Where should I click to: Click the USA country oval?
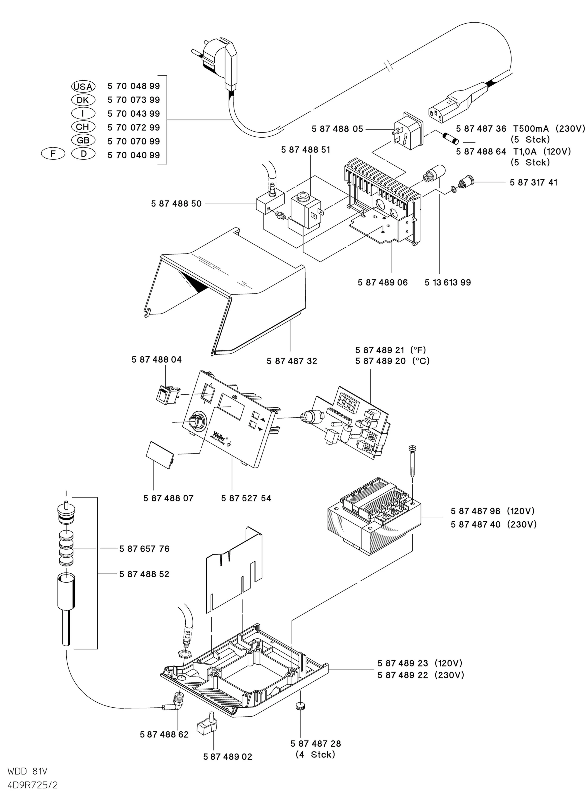(83, 86)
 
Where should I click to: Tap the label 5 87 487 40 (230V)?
(493, 524)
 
